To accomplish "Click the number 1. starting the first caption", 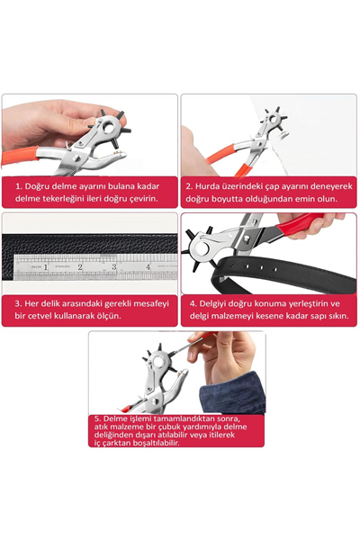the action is point(19,186).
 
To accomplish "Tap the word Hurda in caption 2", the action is point(206,186).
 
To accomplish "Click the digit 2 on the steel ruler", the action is point(80,266).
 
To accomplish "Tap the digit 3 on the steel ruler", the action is point(114,266).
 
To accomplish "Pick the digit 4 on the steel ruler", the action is point(148,266).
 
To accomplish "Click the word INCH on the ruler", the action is point(37,267).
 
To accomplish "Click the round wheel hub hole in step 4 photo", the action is point(201,247).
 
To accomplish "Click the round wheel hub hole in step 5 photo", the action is point(159,362).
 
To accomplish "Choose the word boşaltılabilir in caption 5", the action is point(156,443).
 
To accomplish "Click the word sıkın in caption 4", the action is point(337,316).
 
